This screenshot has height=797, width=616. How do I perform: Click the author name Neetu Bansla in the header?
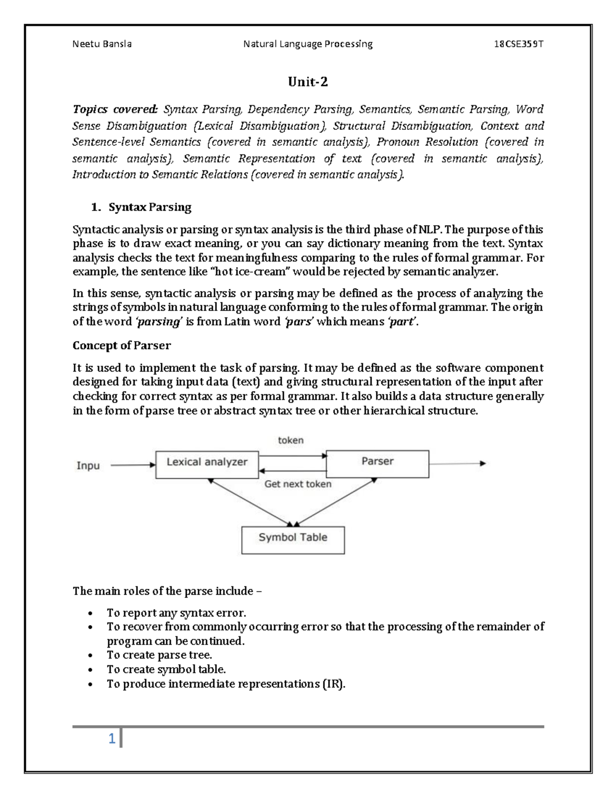coord(102,44)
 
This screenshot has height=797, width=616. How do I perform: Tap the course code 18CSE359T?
coord(518,44)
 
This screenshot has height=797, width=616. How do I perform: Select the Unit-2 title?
coord(307,82)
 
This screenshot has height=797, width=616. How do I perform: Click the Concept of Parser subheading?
coord(122,345)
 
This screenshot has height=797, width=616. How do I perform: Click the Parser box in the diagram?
coord(377,463)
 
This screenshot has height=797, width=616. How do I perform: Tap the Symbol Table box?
coord(293,539)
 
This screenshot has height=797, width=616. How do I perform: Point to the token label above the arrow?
coord(291,440)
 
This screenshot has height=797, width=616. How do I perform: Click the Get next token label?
coord(298,484)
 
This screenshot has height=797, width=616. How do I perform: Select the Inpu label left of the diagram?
coord(88,466)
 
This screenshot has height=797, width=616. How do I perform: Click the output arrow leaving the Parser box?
coord(457,463)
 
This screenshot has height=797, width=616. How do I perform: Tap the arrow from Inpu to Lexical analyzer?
coord(132,465)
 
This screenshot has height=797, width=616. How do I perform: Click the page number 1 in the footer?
coord(111,739)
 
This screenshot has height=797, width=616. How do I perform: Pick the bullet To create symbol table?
coord(166,669)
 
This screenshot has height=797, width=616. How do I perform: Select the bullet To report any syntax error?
coord(176,613)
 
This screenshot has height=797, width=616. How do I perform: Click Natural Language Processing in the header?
coord(307,44)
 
